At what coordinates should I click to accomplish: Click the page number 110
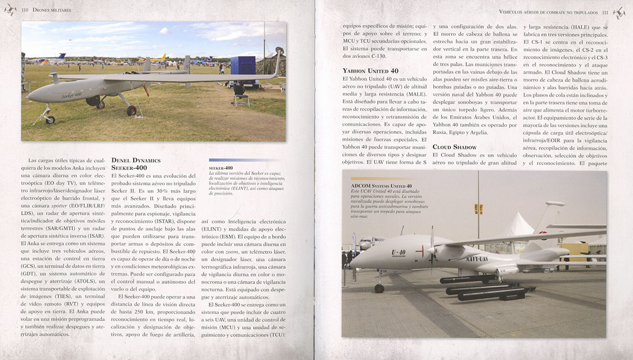[x=25, y=10]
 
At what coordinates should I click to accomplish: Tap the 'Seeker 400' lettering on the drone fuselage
[x=71, y=95]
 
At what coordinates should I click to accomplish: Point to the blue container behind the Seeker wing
[x=243, y=69]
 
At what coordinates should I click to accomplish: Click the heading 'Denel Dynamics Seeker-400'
[x=136, y=163]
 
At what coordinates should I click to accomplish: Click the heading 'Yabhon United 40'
[x=370, y=70]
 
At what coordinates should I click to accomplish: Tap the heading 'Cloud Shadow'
[x=455, y=146]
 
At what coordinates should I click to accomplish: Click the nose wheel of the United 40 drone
[x=379, y=288]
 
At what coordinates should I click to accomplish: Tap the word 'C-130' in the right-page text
[x=385, y=55]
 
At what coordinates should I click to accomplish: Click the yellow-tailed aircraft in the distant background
[x=161, y=56]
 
